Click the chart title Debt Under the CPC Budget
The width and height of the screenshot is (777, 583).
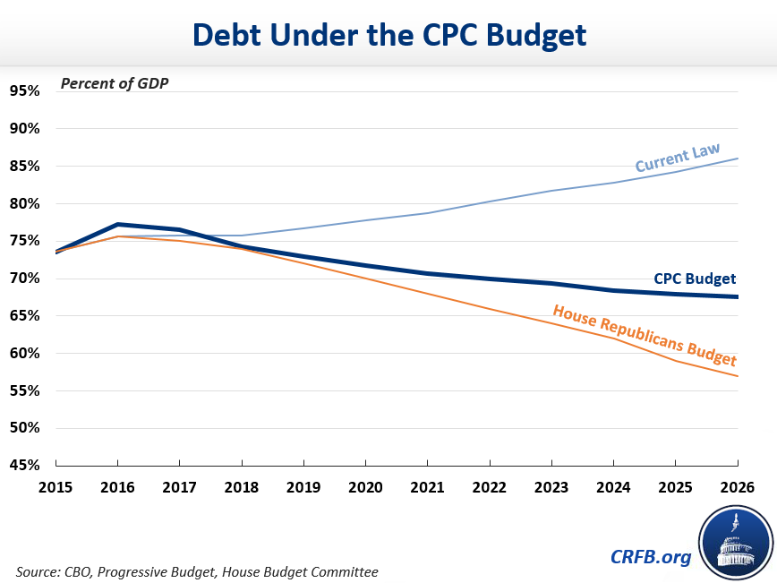click(x=388, y=35)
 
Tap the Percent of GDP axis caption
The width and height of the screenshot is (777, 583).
click(x=115, y=83)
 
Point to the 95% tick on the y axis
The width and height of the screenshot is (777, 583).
click(x=25, y=91)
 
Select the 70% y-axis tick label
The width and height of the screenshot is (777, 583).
click(x=25, y=279)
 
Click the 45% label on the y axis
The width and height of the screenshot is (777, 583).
click(x=25, y=465)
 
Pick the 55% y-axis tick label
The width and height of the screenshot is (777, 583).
click(x=25, y=390)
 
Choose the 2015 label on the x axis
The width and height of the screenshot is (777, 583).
click(x=55, y=487)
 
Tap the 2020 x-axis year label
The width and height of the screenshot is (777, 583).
click(x=366, y=487)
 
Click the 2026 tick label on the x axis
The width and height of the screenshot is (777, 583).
click(x=738, y=487)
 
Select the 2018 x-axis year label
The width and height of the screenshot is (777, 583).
click(x=242, y=487)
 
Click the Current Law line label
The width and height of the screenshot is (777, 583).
click(x=678, y=158)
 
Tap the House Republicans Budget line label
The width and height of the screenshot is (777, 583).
click(x=644, y=334)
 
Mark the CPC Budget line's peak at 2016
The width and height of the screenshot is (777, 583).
click(x=118, y=224)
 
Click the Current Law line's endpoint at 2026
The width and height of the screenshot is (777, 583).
click(x=738, y=159)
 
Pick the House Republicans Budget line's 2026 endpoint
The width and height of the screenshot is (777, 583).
click(x=738, y=376)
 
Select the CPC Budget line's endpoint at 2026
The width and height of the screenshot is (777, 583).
click(x=738, y=297)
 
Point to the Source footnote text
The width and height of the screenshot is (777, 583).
click(x=197, y=571)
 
